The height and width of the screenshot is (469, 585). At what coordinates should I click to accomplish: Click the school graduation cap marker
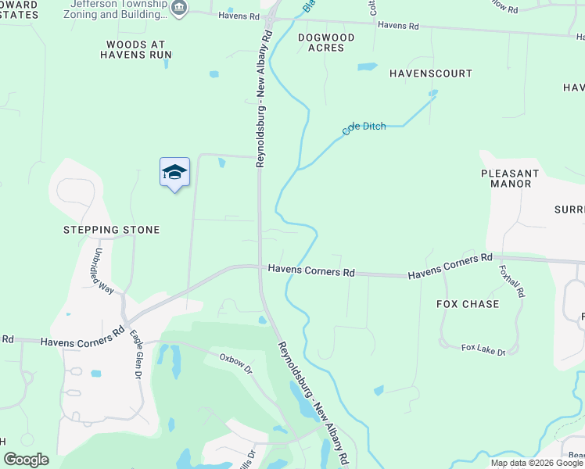(x=174, y=174)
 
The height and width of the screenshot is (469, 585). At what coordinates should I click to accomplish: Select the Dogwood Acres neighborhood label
(x=326, y=42)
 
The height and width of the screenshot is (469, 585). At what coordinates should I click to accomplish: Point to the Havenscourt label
(x=430, y=73)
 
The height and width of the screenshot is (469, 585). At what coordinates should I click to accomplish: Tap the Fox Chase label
(x=467, y=304)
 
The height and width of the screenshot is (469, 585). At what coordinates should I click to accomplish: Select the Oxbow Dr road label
(x=235, y=363)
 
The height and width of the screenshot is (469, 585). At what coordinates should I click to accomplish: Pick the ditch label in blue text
(x=364, y=128)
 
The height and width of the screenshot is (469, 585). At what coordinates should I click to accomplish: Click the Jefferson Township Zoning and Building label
(x=124, y=9)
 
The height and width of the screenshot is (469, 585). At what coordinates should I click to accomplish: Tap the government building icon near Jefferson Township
(x=180, y=8)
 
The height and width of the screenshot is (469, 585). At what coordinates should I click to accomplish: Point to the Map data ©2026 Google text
(x=536, y=463)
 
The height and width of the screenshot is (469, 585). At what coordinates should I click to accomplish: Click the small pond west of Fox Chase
(x=379, y=389)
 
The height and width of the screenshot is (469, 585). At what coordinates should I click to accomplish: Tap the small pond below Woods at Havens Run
(x=214, y=74)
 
